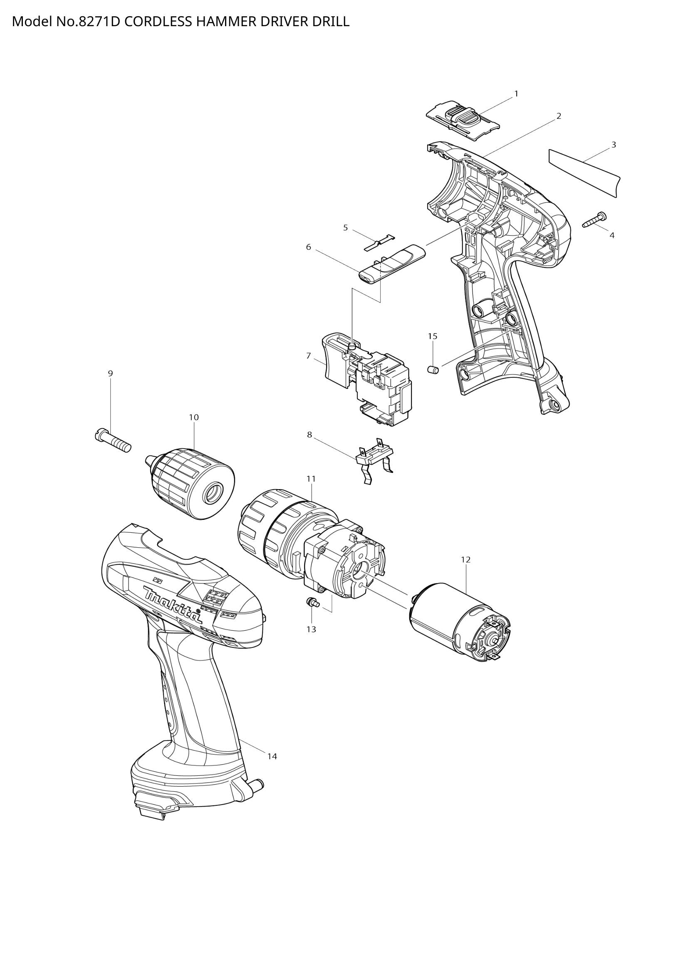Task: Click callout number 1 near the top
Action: pyautogui.click(x=516, y=94)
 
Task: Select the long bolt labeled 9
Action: pyautogui.click(x=113, y=441)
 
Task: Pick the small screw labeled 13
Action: pyautogui.click(x=312, y=602)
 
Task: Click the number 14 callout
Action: pyautogui.click(x=272, y=756)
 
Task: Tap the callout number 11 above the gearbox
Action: pyautogui.click(x=311, y=478)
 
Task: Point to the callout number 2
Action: pyautogui.click(x=558, y=116)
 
